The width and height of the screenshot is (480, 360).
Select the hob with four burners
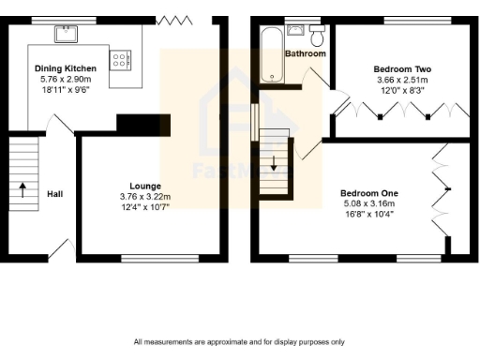tap(122, 59)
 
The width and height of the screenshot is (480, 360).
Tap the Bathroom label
tap(307, 54)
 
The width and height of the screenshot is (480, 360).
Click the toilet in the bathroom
tap(317, 36)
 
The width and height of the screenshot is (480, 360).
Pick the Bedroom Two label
tap(401, 69)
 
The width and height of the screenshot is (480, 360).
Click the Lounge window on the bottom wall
tap(146, 257)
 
